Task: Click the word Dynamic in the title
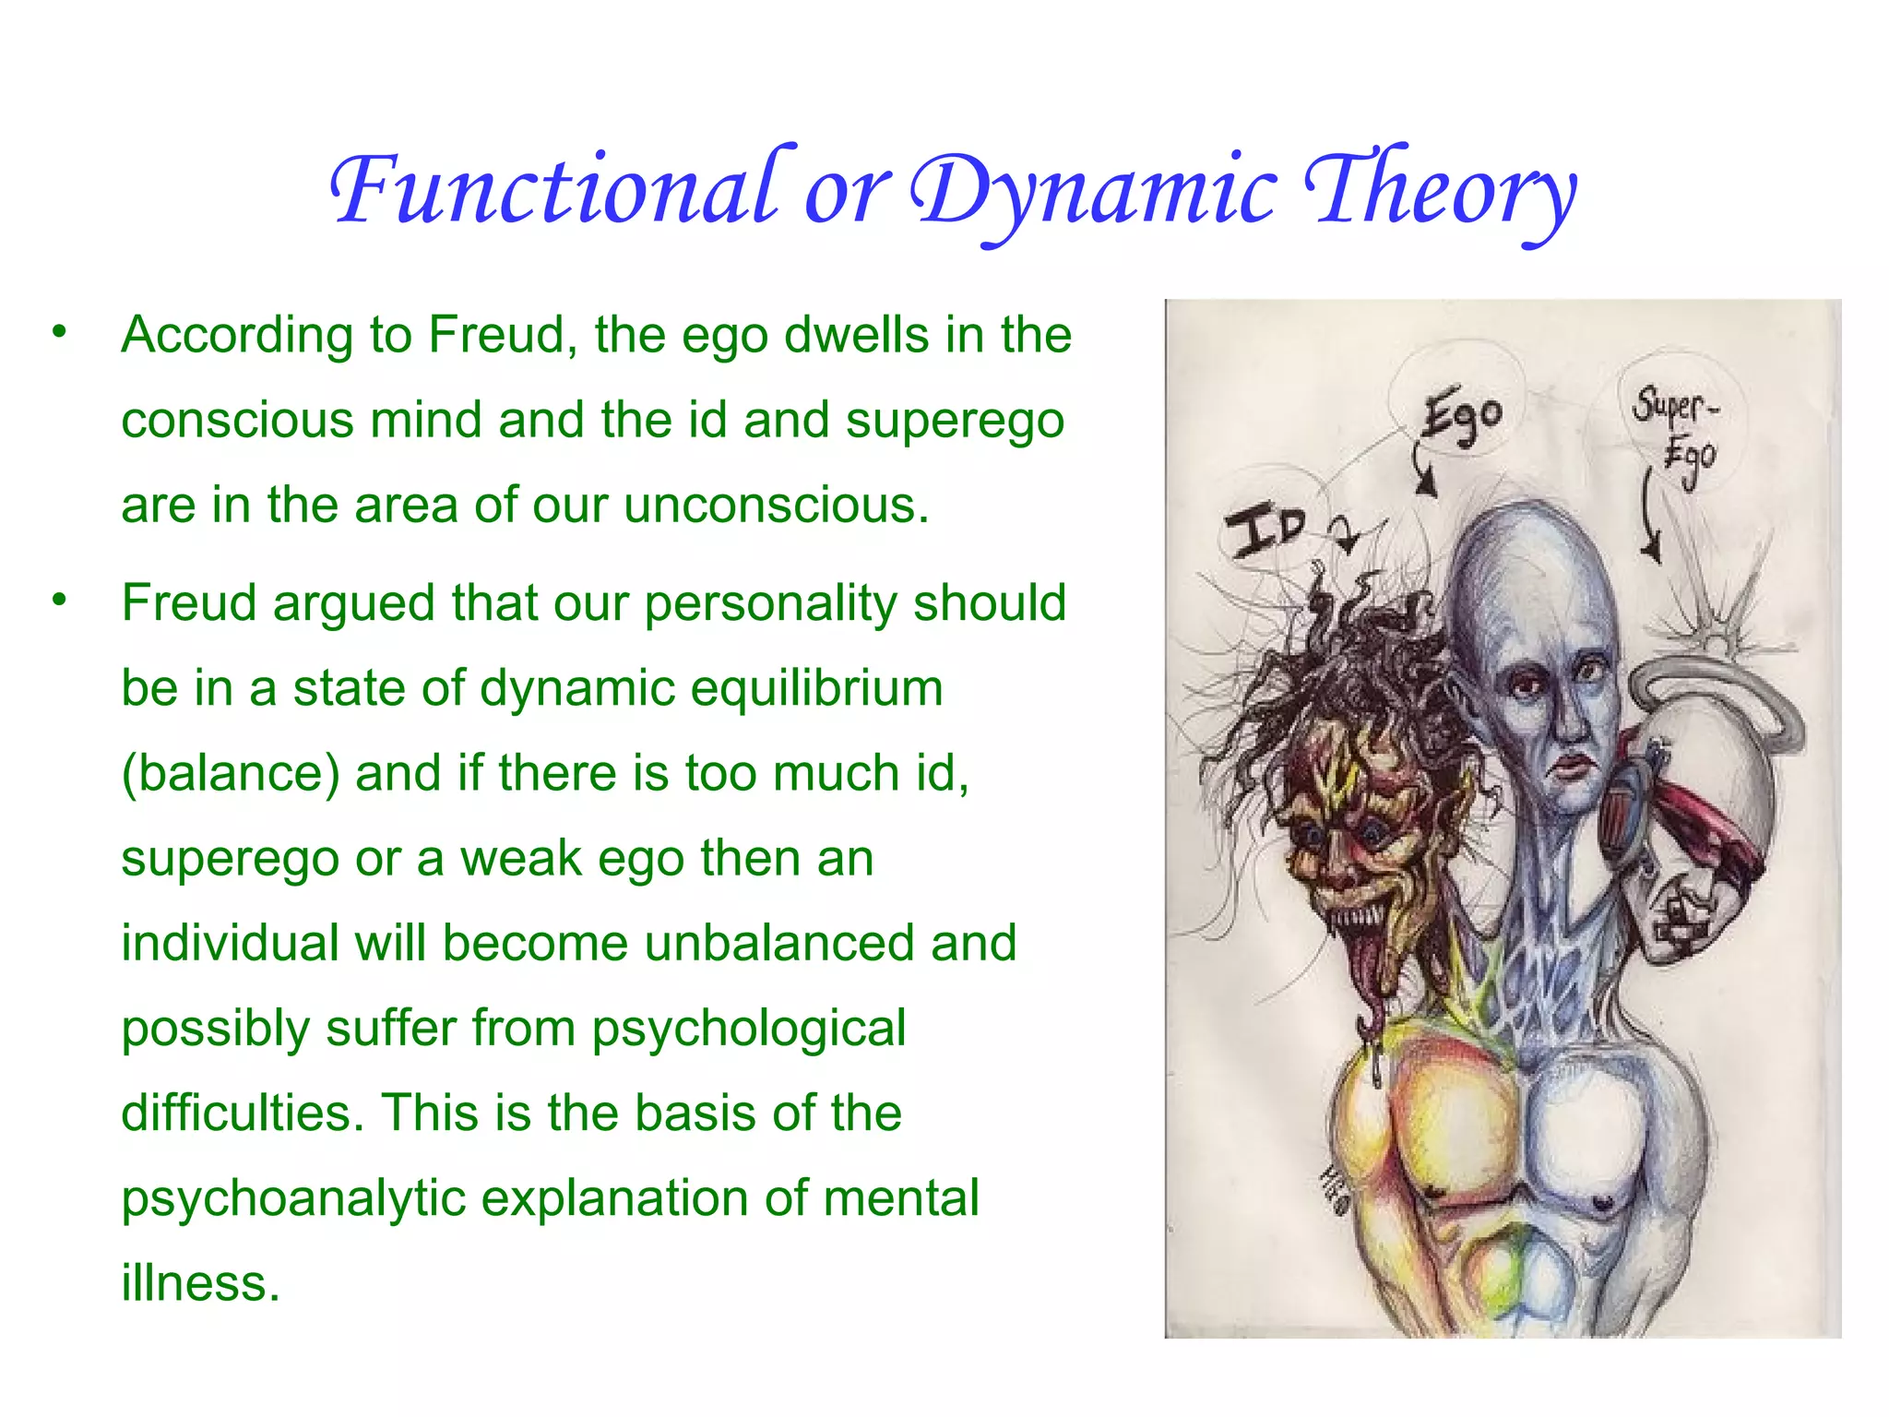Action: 1094,194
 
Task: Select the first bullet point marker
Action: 60,331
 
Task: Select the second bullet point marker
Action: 60,600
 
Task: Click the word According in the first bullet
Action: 236,336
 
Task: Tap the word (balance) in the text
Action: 231,773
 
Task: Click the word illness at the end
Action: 199,1283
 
